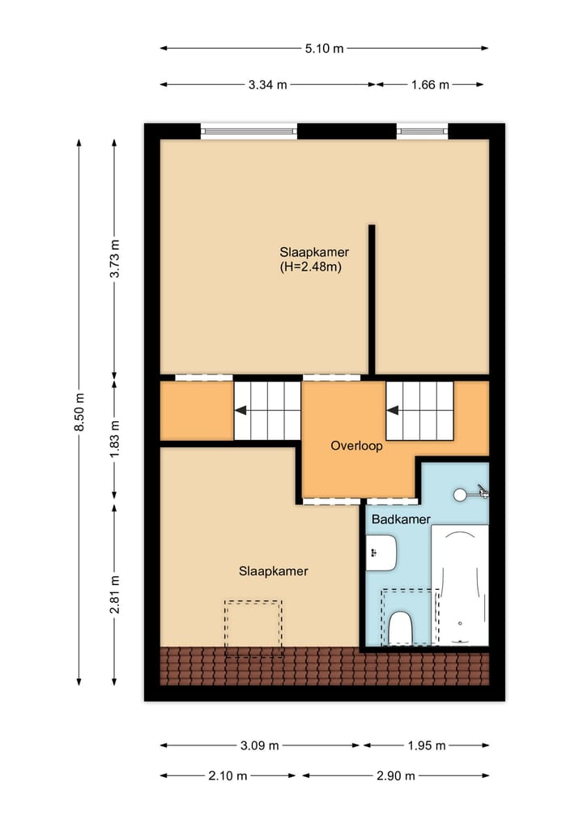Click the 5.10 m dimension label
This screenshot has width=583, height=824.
point(324,49)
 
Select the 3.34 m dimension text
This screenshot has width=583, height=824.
point(267,84)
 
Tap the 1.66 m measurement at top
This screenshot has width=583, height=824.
point(429,84)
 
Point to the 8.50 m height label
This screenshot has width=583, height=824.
point(79,412)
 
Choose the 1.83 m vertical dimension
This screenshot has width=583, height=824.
point(115,441)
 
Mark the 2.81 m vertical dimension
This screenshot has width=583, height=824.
point(115,594)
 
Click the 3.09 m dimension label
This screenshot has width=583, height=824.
point(260,745)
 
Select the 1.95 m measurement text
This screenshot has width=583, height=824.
point(426,745)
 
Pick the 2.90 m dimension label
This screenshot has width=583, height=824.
point(395,775)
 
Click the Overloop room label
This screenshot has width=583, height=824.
point(356,446)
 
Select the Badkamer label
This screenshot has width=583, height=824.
point(400,519)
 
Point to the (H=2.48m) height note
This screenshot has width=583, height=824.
point(309,266)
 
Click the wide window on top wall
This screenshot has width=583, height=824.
point(249,130)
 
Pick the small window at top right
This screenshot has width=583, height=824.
point(422,130)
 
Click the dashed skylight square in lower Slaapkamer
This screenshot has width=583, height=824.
point(253,628)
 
